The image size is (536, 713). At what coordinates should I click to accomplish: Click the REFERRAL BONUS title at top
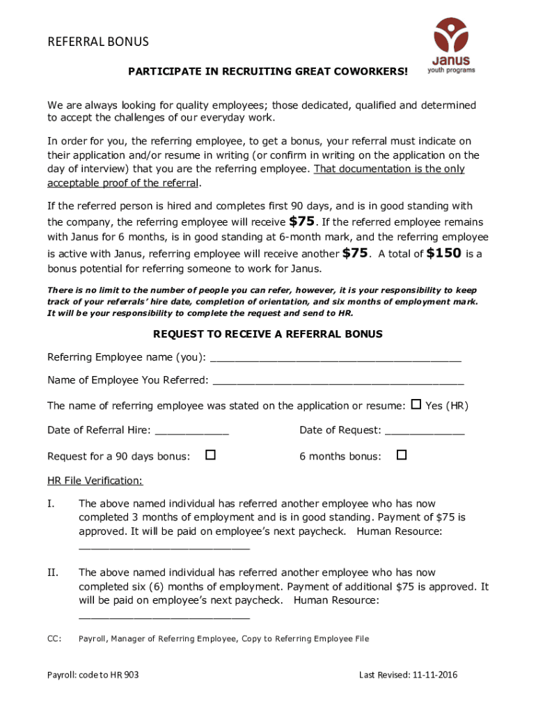[98, 42]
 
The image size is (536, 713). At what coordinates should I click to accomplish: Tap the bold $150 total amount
[443, 253]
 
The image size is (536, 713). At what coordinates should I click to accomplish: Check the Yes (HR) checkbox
[416, 405]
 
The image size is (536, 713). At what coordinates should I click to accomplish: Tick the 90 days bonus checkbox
[210, 455]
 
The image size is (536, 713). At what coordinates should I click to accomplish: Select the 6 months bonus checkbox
[401, 455]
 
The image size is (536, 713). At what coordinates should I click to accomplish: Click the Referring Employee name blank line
[336, 359]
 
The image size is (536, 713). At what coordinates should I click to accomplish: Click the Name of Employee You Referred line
[338, 382]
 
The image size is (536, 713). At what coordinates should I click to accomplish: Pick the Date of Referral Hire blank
[191, 432]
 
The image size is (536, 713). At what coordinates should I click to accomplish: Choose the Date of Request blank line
[425, 432]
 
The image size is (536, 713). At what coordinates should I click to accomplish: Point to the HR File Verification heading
[95, 480]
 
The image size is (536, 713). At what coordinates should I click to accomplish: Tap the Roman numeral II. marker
[53, 573]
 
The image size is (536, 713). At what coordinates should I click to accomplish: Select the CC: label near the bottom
[54, 638]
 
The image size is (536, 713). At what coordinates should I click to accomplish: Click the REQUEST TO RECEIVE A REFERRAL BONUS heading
[268, 334]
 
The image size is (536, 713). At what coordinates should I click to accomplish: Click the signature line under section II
[164, 617]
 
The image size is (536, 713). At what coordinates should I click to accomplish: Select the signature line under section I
[164, 547]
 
